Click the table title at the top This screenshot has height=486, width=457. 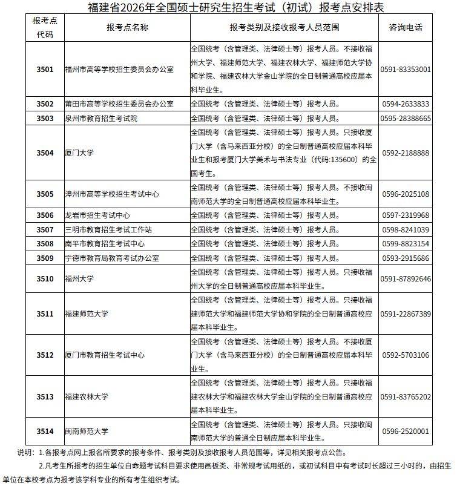click(228, 7)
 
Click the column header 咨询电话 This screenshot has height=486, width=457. click(406, 28)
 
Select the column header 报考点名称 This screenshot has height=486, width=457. click(127, 28)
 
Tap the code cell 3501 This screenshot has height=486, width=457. click(45, 69)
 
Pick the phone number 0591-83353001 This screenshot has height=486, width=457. click(406, 69)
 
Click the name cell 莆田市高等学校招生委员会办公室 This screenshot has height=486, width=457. click(119, 103)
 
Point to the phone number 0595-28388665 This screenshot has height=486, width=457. click(406, 118)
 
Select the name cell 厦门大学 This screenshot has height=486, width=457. click(79, 153)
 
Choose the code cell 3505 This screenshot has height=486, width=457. click(45, 194)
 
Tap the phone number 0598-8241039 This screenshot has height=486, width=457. click(406, 230)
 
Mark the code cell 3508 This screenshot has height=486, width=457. click(45, 244)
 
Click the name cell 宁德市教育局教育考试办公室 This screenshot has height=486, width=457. click(112, 258)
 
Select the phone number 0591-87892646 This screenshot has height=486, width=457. click(406, 279)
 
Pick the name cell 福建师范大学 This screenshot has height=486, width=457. click(86, 314)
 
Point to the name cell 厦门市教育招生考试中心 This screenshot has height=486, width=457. click(105, 355)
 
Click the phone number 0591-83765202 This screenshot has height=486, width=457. click(406, 396)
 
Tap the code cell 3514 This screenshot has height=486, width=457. click(45, 432)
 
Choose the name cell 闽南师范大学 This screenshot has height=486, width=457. click(86, 432)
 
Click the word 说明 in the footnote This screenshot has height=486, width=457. click(25, 452)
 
